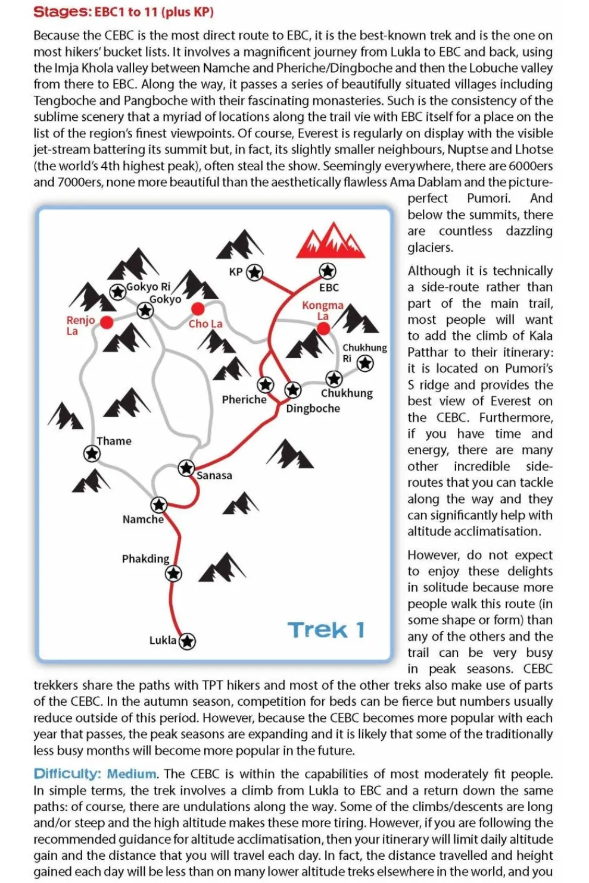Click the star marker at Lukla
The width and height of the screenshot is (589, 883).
[x=188, y=641]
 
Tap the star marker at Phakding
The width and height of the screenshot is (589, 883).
[x=173, y=574]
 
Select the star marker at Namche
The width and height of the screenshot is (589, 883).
[x=158, y=505]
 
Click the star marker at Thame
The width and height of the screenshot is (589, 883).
[x=92, y=454]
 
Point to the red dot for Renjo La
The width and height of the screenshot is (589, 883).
[x=107, y=322]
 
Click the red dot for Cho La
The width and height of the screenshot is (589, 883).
[x=198, y=308]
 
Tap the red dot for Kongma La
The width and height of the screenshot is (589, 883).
[x=323, y=327]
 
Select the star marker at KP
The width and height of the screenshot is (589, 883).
[x=255, y=273]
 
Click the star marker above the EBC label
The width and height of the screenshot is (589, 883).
[x=328, y=271]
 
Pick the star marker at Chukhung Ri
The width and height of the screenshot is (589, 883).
[x=365, y=363]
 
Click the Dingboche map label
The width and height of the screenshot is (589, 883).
[x=313, y=409]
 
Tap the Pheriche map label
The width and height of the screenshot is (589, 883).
[x=244, y=400]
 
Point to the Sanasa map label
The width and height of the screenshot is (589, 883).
[x=214, y=475]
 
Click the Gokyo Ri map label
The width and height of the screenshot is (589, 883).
[x=148, y=287]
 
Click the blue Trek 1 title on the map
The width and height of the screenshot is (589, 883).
[x=326, y=630]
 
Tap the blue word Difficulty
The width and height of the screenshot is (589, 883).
[x=67, y=774]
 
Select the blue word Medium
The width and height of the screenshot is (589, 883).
[x=132, y=774]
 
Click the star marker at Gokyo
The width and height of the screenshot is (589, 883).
[x=145, y=310]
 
